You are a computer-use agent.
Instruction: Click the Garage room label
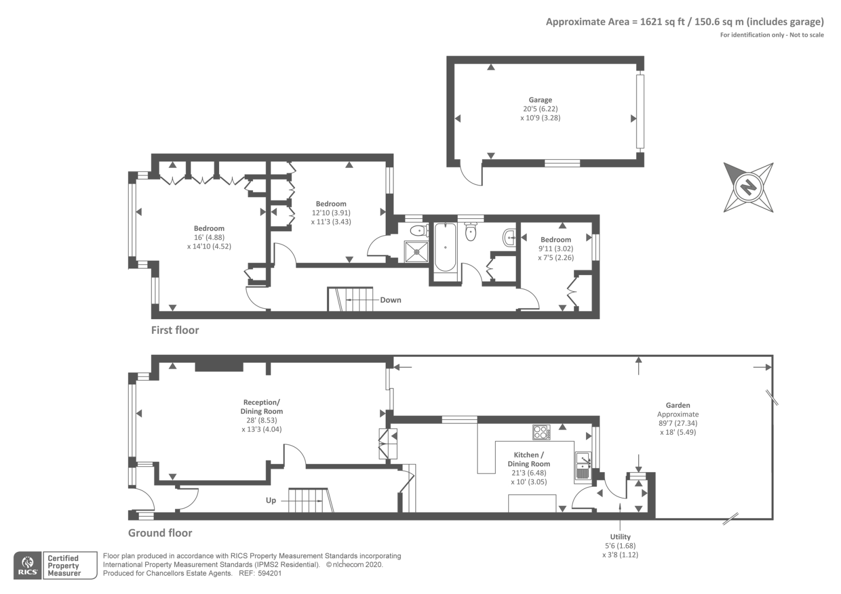click(x=540, y=100)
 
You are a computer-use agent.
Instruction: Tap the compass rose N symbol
click(x=748, y=187)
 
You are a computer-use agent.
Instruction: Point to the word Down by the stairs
click(x=391, y=300)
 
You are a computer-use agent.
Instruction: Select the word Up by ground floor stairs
click(x=271, y=500)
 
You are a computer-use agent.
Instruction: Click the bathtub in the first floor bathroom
click(x=445, y=247)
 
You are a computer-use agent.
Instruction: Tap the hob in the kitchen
click(x=541, y=432)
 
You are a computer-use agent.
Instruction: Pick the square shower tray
click(x=416, y=252)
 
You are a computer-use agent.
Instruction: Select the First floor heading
click(x=175, y=330)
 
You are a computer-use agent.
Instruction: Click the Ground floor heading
click(x=160, y=533)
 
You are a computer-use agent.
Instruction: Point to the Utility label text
click(x=620, y=537)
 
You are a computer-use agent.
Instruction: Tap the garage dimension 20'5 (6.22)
click(x=540, y=109)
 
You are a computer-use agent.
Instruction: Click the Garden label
click(x=678, y=405)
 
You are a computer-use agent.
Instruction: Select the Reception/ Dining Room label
click(x=262, y=407)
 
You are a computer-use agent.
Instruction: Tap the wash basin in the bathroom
click(x=509, y=237)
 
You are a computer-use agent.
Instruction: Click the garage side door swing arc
click(x=467, y=178)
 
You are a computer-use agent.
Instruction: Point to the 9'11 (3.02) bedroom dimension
click(x=556, y=249)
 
